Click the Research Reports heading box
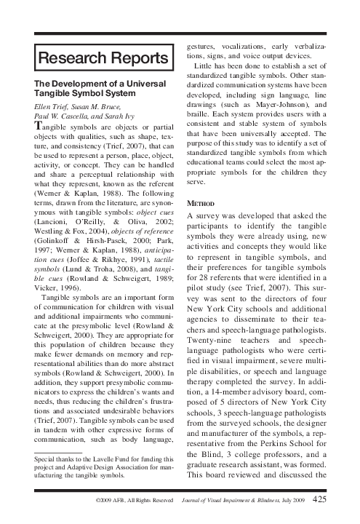[103, 57]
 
